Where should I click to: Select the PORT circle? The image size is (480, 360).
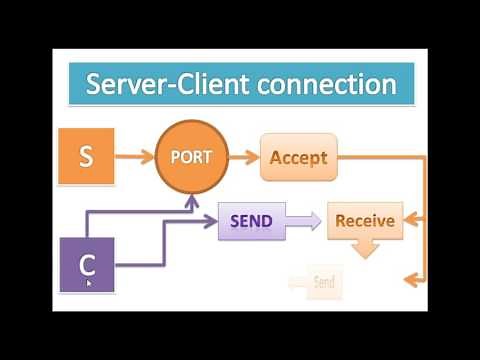pyautogui.click(x=191, y=157)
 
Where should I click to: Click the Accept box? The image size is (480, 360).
pyautogui.click(x=299, y=157)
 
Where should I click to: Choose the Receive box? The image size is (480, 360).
pyautogui.click(x=364, y=221)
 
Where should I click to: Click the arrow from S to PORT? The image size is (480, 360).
pyautogui.click(x=140, y=157)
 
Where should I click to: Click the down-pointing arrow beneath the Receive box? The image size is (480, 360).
pyautogui.click(x=365, y=247)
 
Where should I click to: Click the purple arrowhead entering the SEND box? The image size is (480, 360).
pyautogui.click(x=211, y=219)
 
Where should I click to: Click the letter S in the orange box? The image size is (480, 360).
pyautogui.click(x=87, y=157)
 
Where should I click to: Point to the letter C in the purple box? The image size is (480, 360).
pyautogui.click(x=87, y=265)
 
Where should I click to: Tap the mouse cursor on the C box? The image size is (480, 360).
pyautogui.click(x=90, y=283)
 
